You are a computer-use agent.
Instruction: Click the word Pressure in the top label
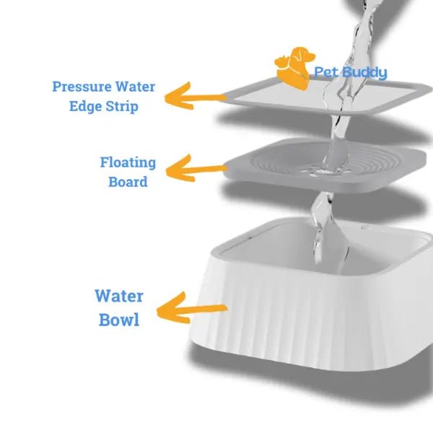point(82,87)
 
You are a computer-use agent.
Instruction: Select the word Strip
point(122,107)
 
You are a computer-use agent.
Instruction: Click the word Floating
point(128,163)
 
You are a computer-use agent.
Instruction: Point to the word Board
point(128,182)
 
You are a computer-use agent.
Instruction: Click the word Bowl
point(119,320)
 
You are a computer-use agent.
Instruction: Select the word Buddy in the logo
point(364,73)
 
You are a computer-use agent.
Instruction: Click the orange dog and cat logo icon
point(294,69)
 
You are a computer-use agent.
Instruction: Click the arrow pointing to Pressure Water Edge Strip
point(195,97)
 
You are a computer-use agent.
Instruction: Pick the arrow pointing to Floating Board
point(196,169)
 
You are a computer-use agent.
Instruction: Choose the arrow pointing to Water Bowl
point(191,308)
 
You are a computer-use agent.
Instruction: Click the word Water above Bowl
point(119,297)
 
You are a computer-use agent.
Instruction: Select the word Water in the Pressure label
point(135,87)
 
